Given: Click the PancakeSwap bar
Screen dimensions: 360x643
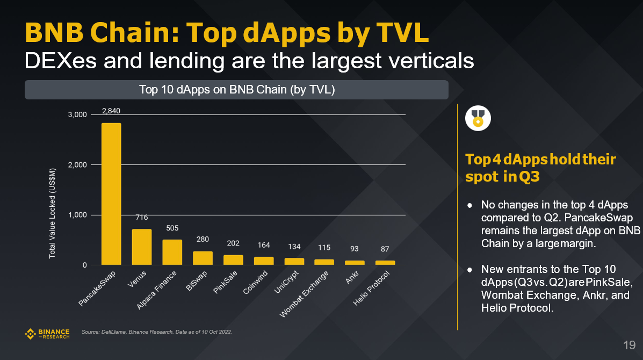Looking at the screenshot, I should click(x=111, y=194).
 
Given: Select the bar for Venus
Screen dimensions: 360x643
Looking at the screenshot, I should click(x=142, y=247).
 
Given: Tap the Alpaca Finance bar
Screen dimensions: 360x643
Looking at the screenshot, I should click(x=172, y=253).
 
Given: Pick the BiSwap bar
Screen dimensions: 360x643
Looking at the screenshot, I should click(x=203, y=258).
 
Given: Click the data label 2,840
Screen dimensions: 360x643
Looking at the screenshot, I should click(x=111, y=112).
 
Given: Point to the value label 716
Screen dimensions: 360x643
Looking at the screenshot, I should click(x=142, y=218).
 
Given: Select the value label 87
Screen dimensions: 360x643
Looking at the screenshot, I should click(x=385, y=249).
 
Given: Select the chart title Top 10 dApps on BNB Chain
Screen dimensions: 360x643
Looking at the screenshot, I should click(x=237, y=90).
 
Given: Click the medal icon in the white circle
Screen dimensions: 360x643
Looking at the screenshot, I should click(x=478, y=118).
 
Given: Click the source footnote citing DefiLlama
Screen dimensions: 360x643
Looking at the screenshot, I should click(x=156, y=332).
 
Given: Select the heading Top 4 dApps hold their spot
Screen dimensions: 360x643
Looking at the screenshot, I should click(x=540, y=168).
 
